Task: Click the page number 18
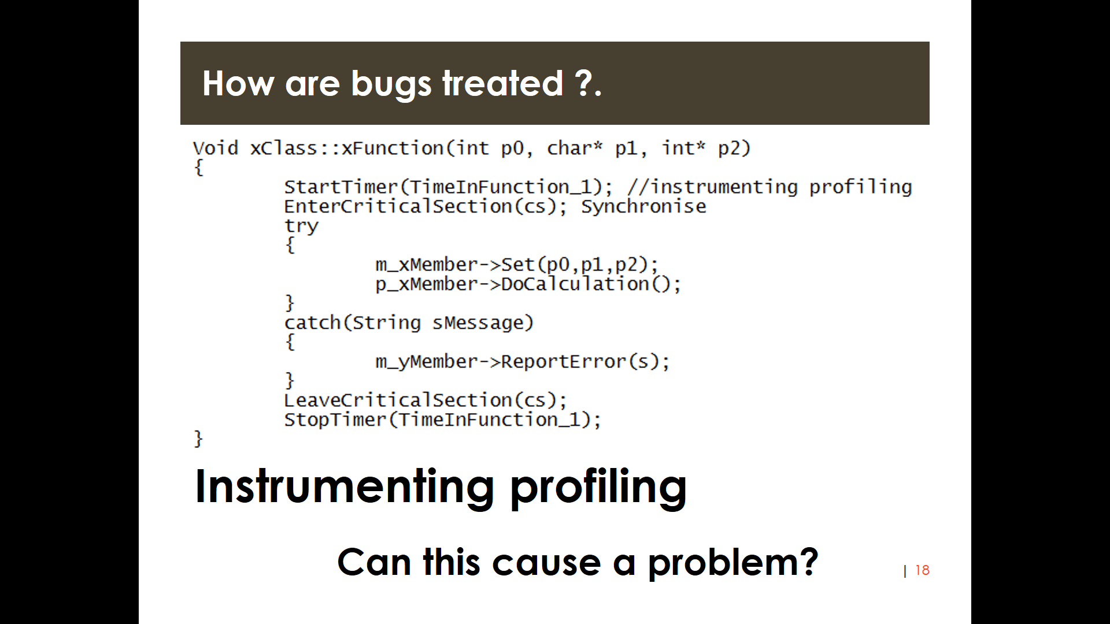pos(922,570)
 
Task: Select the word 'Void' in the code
pos(215,148)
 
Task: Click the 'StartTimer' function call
pos(341,187)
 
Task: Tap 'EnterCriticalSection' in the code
pos(398,207)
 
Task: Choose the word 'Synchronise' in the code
pos(643,207)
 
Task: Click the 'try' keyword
pos(301,226)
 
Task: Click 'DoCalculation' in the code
pos(575,284)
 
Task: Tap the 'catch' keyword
pos(312,323)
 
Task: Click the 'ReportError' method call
pos(564,362)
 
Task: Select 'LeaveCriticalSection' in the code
pos(398,400)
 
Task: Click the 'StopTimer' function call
pos(335,420)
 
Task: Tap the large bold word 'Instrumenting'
pos(345,487)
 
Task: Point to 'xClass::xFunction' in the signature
pos(346,148)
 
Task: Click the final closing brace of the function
pos(198,439)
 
